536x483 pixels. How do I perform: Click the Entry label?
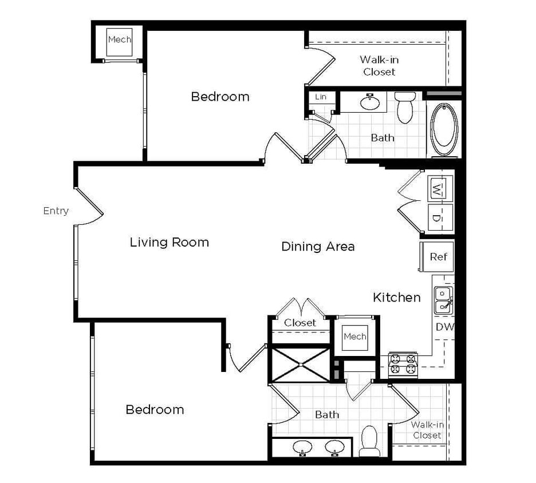pos(56,211)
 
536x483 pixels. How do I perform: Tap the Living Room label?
pos(169,242)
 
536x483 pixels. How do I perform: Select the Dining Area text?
pos(318,246)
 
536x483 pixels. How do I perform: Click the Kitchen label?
pos(396,297)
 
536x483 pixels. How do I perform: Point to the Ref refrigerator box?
pos(438,256)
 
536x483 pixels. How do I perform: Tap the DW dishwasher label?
pos(444,327)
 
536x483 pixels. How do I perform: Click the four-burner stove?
pos(403,364)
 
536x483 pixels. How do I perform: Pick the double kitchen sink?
pos(443,300)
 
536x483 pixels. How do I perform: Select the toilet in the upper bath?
pos(405,108)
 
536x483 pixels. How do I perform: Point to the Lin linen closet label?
pos(321,97)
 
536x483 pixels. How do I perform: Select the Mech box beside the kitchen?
pos(355,336)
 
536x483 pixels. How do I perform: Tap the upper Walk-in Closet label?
pos(379,65)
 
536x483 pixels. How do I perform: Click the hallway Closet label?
pos(300,323)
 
